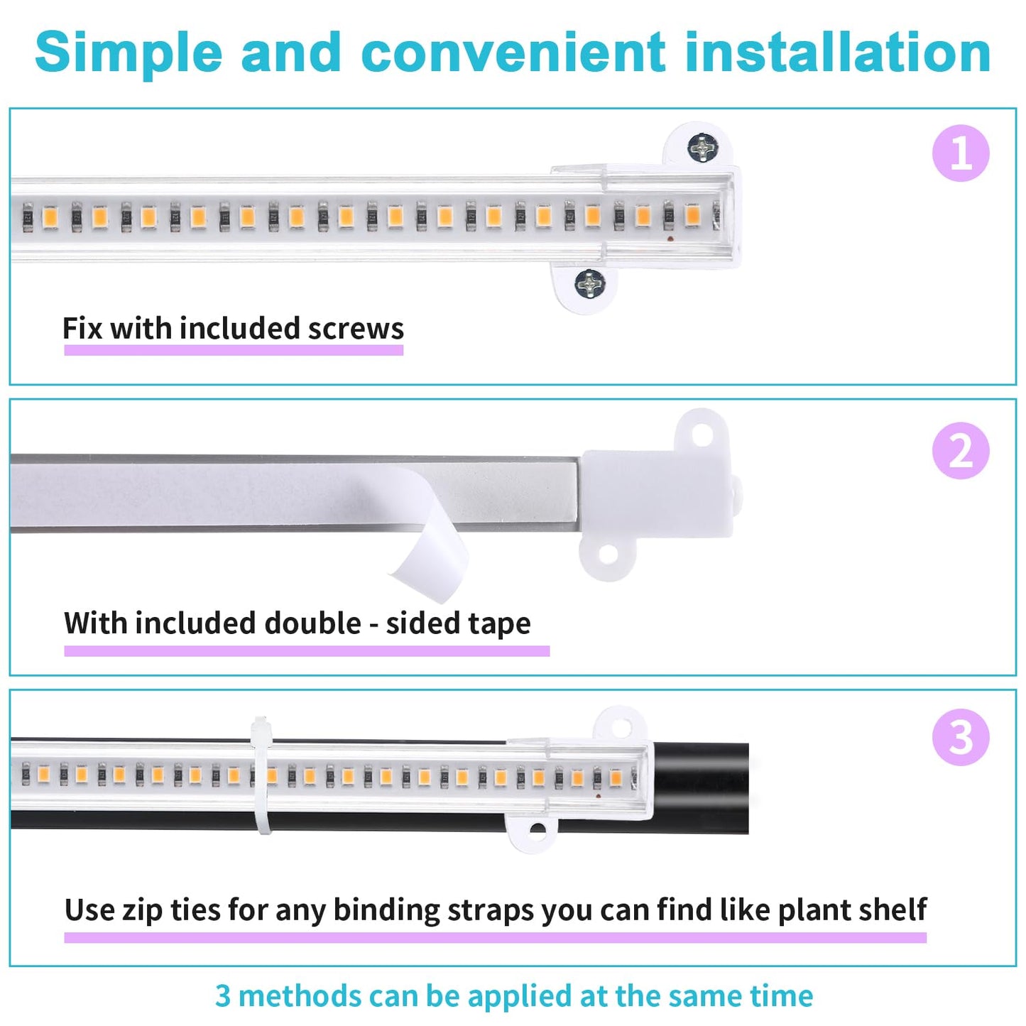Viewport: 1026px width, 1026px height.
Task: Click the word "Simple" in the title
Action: pos(128,53)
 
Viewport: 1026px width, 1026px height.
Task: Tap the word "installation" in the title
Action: pos(838,53)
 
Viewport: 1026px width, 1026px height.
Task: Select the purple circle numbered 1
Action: pos(961,153)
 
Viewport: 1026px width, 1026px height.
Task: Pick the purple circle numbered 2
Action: pos(961,451)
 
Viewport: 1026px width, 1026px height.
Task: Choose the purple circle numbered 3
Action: pos(961,737)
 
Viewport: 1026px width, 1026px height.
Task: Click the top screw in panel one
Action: pos(702,148)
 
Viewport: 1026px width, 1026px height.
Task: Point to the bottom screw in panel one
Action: pos(589,283)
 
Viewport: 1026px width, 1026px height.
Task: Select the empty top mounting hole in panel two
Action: pos(702,435)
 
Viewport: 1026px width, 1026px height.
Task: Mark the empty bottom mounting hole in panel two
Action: pos(607,555)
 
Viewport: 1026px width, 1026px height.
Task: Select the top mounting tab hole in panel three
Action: pos(620,727)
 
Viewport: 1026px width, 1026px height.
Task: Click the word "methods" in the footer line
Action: pos(299,996)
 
